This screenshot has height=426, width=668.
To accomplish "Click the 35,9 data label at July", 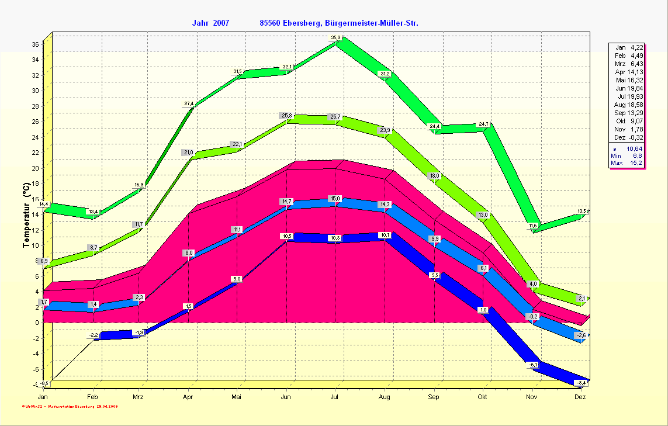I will pos(335,37).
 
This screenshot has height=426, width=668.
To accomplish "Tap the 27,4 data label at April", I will pos(189,103).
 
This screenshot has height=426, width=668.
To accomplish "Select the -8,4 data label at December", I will pos(581,383).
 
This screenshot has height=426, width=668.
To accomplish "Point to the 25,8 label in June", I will pos(286,116).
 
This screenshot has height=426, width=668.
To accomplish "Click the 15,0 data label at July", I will pos(335,198).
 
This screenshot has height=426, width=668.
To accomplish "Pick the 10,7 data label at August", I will pos(385,235).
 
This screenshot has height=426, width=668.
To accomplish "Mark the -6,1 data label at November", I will pos(534,365).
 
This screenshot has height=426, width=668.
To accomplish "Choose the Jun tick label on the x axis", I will pos(286,397).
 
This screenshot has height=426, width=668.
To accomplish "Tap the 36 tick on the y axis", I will pos(35,44).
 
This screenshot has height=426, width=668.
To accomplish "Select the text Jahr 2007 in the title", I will pos(210,23).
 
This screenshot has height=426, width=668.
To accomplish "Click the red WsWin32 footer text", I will pos(70,405).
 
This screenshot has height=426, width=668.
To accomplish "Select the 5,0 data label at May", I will pos(237,279).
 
